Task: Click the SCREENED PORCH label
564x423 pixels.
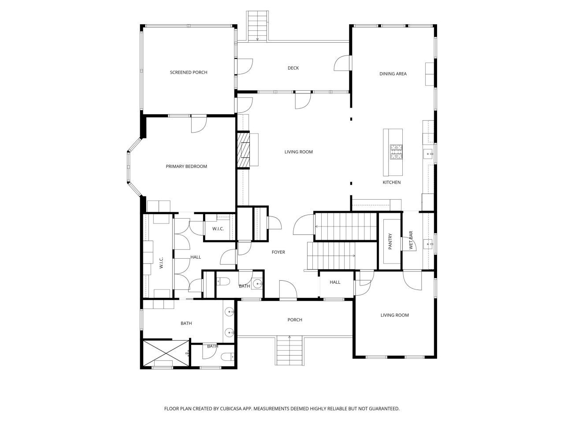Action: tap(189, 72)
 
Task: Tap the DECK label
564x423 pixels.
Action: tap(293, 68)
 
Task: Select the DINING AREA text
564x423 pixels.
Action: tap(393, 74)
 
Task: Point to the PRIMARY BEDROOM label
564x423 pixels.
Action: tap(186, 166)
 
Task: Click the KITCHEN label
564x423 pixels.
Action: tap(391, 182)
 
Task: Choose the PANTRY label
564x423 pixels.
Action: tap(390, 242)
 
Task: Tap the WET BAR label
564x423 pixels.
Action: tap(411, 241)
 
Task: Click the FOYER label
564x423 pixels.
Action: tap(278, 252)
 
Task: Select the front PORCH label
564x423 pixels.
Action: tap(295, 320)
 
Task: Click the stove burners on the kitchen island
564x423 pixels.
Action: tap(396, 152)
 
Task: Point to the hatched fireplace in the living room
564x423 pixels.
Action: tap(243, 150)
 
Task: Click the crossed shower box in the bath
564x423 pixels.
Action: tap(166, 352)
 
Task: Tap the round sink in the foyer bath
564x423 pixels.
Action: tap(257, 283)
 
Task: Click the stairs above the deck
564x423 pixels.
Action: tap(257, 26)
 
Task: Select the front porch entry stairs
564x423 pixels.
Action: tap(290, 351)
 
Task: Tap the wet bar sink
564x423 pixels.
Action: tap(427, 243)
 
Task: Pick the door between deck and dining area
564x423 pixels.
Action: tap(343, 63)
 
